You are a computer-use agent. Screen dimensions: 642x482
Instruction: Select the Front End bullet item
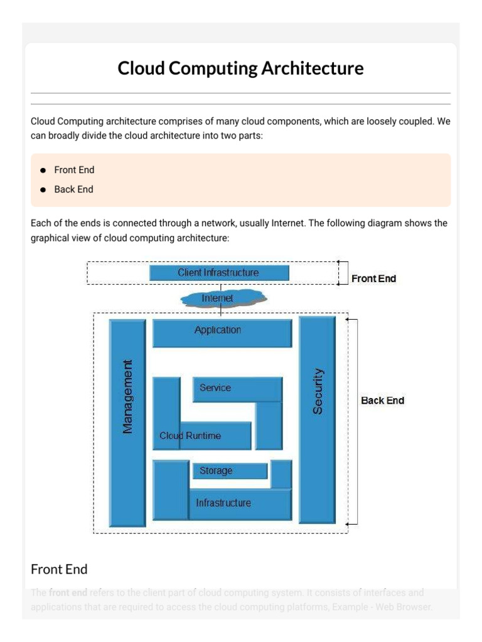point(74,170)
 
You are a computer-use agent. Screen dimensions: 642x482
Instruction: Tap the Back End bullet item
point(73,189)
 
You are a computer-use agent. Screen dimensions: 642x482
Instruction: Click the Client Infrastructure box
point(219,273)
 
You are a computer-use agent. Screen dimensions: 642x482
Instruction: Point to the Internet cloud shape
point(223,298)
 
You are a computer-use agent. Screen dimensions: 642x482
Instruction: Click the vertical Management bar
point(127,396)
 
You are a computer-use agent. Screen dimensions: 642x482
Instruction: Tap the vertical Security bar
point(318,391)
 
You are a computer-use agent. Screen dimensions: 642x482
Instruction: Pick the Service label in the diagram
point(215,388)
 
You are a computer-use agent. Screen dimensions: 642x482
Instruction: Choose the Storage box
point(216,471)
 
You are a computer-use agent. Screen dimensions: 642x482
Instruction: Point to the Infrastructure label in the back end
point(223,503)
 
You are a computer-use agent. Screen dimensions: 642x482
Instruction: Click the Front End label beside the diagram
point(373,278)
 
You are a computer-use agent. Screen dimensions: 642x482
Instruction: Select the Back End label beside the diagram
point(382,401)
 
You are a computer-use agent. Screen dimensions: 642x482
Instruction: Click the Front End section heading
point(59,569)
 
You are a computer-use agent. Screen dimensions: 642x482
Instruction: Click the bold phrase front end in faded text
point(68,592)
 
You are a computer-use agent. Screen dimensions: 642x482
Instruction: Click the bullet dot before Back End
point(43,189)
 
